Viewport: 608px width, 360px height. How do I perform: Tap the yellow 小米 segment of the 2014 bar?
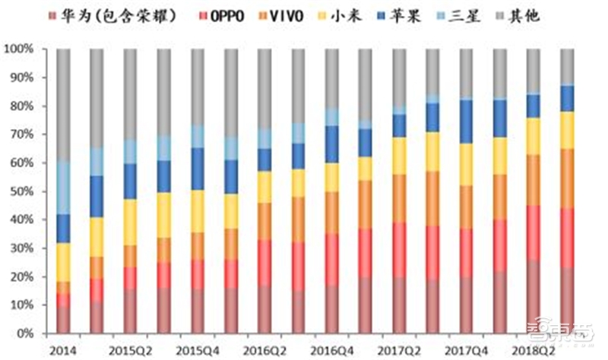coord(64,262)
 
